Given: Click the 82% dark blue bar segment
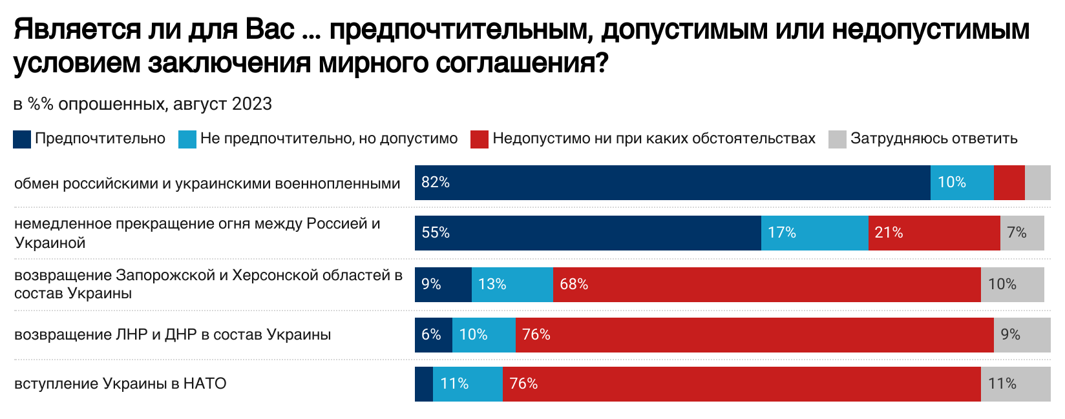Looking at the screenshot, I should [672, 183].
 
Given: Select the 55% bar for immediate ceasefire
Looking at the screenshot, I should [587, 233].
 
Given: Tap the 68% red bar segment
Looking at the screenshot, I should [766, 285].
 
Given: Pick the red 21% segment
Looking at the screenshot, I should [934, 233].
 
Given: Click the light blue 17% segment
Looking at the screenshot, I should [814, 233].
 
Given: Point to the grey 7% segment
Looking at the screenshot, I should [1022, 233].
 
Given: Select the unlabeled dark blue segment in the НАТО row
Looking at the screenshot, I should [423, 384].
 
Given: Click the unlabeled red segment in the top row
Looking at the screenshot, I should [1009, 183].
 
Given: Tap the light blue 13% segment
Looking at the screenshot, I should [512, 285].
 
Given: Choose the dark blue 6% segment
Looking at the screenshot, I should [433, 335].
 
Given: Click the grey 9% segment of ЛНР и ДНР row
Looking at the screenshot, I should [1022, 335].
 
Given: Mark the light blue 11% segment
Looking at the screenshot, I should [467, 384].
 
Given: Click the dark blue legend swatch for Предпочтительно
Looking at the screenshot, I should [22, 139].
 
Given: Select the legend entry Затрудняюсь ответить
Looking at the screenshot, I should [933, 139].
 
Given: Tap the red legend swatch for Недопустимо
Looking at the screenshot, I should [479, 139].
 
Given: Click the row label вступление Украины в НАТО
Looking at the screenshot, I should [120, 384].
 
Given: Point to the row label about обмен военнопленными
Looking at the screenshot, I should [207, 184].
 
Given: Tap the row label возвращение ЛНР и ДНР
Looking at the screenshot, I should [173, 335].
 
